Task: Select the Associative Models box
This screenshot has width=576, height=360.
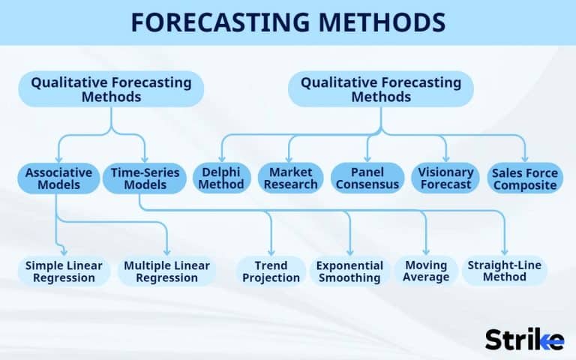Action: (58, 178)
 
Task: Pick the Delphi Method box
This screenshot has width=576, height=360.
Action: (222, 178)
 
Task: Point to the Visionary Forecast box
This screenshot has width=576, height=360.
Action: (445, 178)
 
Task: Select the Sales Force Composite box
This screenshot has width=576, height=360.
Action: (525, 178)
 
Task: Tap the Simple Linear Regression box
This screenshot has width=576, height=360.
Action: (64, 271)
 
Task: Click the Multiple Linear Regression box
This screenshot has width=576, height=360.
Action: (166, 271)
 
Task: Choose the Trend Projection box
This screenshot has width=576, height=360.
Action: (271, 271)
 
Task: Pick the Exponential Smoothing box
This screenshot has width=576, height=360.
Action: (349, 271)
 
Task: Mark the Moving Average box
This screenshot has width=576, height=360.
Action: (426, 271)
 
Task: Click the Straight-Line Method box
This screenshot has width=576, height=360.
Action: (504, 271)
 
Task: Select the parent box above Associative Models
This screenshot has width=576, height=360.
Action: (111, 89)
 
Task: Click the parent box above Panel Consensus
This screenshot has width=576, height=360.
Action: (381, 89)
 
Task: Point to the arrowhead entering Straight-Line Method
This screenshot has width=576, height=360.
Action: (505, 253)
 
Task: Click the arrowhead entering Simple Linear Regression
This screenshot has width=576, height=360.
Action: (64, 253)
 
